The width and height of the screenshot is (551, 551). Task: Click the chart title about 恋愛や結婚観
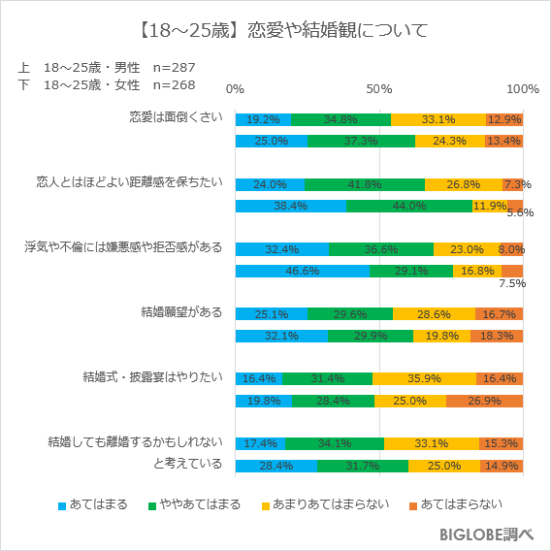[x=275, y=30]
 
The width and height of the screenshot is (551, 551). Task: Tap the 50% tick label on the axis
[x=378, y=89]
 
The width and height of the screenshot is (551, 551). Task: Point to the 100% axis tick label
[x=523, y=89]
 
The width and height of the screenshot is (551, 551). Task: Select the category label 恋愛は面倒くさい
[x=177, y=118]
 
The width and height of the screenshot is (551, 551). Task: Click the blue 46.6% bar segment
[x=302, y=271]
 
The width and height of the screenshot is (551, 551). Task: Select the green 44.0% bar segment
[x=409, y=206]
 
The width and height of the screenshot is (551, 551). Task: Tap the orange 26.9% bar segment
[x=484, y=401]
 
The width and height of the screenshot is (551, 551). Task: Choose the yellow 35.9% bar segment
[x=424, y=378]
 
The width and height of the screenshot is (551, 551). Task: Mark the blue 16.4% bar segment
[x=258, y=378]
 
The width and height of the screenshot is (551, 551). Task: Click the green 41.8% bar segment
[x=365, y=184]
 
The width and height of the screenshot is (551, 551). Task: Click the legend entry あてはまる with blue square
[x=94, y=505]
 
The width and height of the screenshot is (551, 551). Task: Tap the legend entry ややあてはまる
[x=193, y=505]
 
